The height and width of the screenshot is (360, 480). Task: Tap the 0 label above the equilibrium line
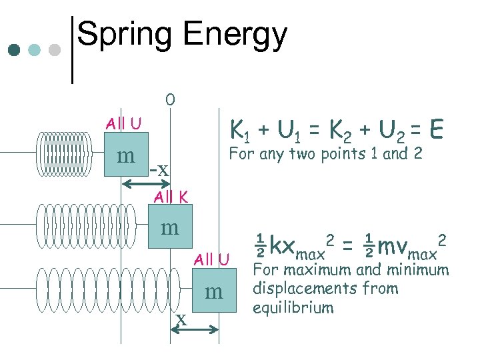pos(170,101)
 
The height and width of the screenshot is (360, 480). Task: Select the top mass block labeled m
pos(126,155)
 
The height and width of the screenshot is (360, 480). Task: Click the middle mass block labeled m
pos(170,227)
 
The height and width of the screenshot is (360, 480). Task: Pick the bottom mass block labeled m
pos(214,291)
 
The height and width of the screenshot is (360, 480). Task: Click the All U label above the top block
pos(123,123)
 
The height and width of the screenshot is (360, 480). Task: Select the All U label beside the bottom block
pos(212,259)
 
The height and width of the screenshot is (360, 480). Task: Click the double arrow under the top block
pos(146,184)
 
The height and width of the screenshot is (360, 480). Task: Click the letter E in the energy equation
pos(437,129)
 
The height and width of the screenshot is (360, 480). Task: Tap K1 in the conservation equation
pos(238,129)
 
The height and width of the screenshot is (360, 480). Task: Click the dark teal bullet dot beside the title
pos(15,50)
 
